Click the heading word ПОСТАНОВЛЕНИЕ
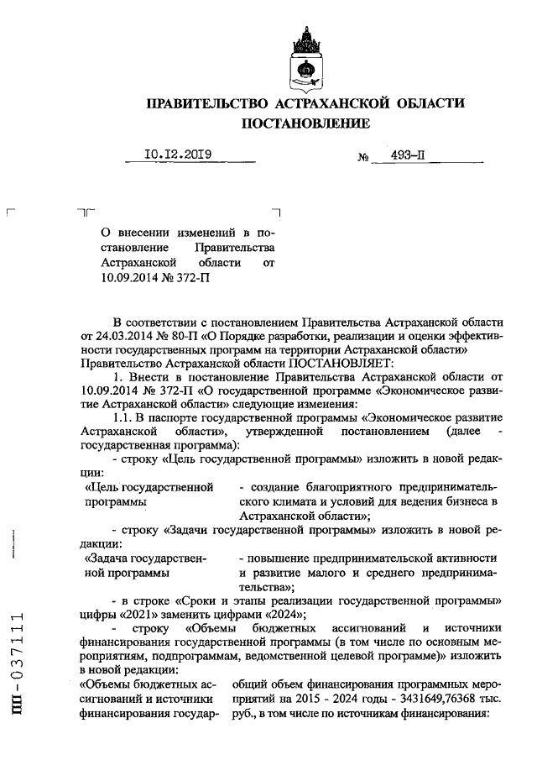point(305,123)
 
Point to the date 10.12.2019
point(178,155)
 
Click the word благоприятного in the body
point(321,487)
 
